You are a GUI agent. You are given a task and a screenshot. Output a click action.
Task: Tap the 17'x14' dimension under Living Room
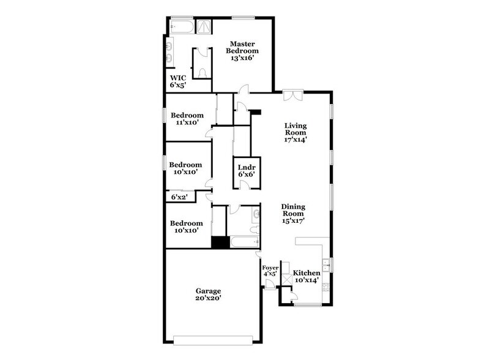[295, 140]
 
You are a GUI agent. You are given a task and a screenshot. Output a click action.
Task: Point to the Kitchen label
[307, 272]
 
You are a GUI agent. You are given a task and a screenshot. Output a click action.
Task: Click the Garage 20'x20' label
[208, 294]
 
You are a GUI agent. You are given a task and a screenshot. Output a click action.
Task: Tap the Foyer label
[270, 268]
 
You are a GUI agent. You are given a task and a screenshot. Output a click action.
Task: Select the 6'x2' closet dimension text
[178, 197]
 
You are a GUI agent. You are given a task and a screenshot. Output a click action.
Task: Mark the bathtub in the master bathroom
[181, 27]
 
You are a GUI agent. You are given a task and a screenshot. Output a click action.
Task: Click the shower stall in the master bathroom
[202, 26]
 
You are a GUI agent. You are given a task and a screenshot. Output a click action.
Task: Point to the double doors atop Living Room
[292, 96]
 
